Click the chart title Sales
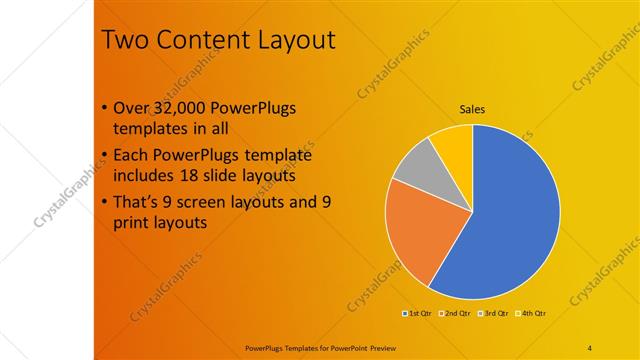[x=472, y=109]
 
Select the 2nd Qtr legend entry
[x=455, y=314]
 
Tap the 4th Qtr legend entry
[x=531, y=314]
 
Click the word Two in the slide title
[x=124, y=41]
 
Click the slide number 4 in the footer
[x=590, y=347]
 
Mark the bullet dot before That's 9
[x=107, y=203]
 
